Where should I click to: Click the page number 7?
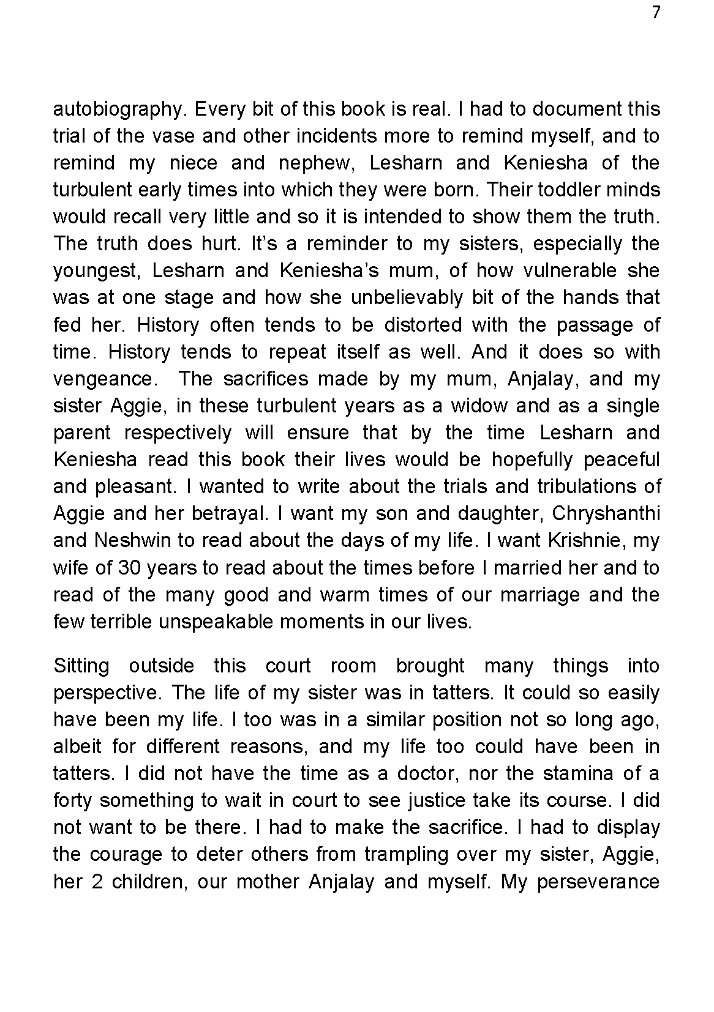click(656, 13)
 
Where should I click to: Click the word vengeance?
click(102, 379)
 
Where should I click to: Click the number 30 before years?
click(130, 568)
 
